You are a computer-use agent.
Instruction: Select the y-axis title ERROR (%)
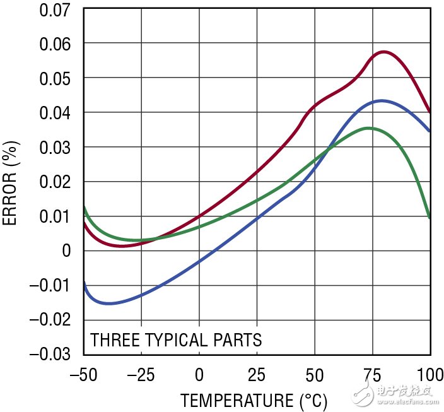click(x=12, y=182)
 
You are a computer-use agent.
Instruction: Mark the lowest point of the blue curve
click(x=109, y=303)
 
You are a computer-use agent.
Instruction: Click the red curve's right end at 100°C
click(x=430, y=112)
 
